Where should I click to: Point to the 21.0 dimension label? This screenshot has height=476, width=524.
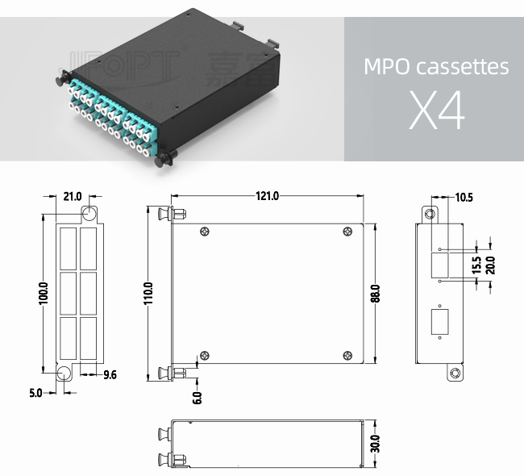[x=73, y=196]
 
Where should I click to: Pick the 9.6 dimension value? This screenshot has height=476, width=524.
[x=110, y=374]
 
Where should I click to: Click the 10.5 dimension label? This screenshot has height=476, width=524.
[x=464, y=196]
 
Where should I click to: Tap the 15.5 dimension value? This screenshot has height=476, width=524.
[x=476, y=264]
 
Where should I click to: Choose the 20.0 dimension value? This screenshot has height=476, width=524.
[x=489, y=264]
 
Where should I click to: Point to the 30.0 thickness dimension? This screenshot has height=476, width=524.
[x=376, y=443]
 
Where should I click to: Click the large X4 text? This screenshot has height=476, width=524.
[x=437, y=112]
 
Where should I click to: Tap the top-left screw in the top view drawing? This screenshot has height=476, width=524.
[x=205, y=232]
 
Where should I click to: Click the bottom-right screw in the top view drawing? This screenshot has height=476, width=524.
[x=347, y=356]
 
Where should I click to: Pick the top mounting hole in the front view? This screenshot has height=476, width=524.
[x=89, y=213]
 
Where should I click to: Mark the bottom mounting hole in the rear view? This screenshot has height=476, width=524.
[x=455, y=374]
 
